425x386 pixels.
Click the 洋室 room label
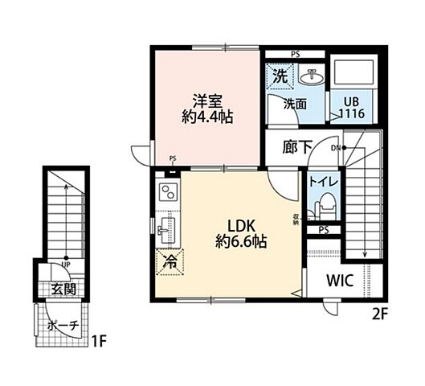coord(206,101)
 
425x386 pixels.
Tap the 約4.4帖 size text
coord(206,117)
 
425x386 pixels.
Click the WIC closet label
coord(340,282)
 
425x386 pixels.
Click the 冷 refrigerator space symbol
coord(170,262)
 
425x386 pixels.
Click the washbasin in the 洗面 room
coord(312,78)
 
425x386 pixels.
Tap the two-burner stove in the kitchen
coord(170,193)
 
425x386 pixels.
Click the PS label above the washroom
coord(294,55)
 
